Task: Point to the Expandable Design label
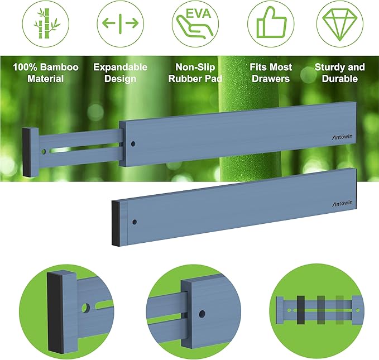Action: point(120,73)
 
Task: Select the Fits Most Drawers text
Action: point(270,73)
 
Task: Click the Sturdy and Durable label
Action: point(339,73)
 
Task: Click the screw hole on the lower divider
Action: point(134,222)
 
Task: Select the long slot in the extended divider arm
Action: point(84,150)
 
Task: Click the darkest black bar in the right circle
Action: point(301,309)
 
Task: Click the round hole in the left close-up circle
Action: point(85,307)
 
